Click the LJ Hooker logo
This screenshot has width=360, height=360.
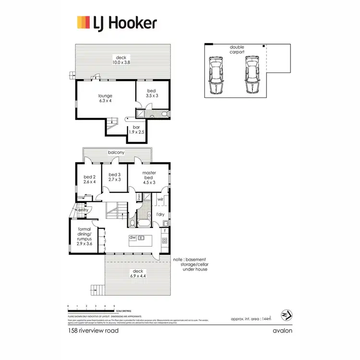tap(117, 22)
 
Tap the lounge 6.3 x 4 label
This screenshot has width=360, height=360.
tap(105, 98)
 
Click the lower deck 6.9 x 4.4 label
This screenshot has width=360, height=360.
tap(138, 274)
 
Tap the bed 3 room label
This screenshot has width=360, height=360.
tap(114, 177)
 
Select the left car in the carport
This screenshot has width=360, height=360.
tap(216, 75)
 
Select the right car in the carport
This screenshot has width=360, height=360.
tap(252, 75)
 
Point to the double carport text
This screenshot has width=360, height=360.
tap(237, 49)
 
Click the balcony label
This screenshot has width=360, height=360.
tap(116, 152)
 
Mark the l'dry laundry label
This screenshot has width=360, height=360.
tap(161, 214)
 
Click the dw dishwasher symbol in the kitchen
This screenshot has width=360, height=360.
tap(132, 238)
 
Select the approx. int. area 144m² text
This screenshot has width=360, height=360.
tap(252, 318)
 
